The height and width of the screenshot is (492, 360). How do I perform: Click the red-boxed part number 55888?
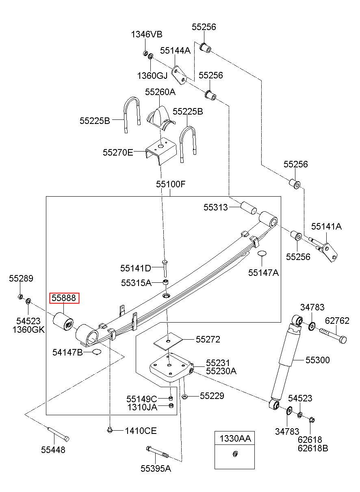tap(64, 298)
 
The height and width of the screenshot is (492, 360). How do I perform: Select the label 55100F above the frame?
tap(171, 184)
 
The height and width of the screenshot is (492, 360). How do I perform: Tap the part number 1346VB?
tap(147, 34)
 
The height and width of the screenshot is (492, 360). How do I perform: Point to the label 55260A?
tap(160, 92)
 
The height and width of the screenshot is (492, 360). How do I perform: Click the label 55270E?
tap(118, 152)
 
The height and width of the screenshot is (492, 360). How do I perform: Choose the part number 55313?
tap(215, 207)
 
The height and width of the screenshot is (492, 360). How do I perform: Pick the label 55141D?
tap(136, 268)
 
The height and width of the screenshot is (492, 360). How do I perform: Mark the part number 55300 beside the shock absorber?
tap(318, 360)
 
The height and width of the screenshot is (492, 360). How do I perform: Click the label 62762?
tap(337, 321)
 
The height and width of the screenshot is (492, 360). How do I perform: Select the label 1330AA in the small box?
tap(235, 438)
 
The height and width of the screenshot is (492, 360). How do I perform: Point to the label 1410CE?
tap(141, 431)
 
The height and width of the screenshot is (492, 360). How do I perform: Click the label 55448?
tap(53, 450)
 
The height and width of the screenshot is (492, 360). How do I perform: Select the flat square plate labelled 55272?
tap(168, 341)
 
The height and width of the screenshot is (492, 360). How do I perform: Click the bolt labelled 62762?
tap(332, 335)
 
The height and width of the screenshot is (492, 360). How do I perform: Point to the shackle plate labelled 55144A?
tap(179, 75)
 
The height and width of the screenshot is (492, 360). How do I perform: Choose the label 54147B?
tap(67, 352)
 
